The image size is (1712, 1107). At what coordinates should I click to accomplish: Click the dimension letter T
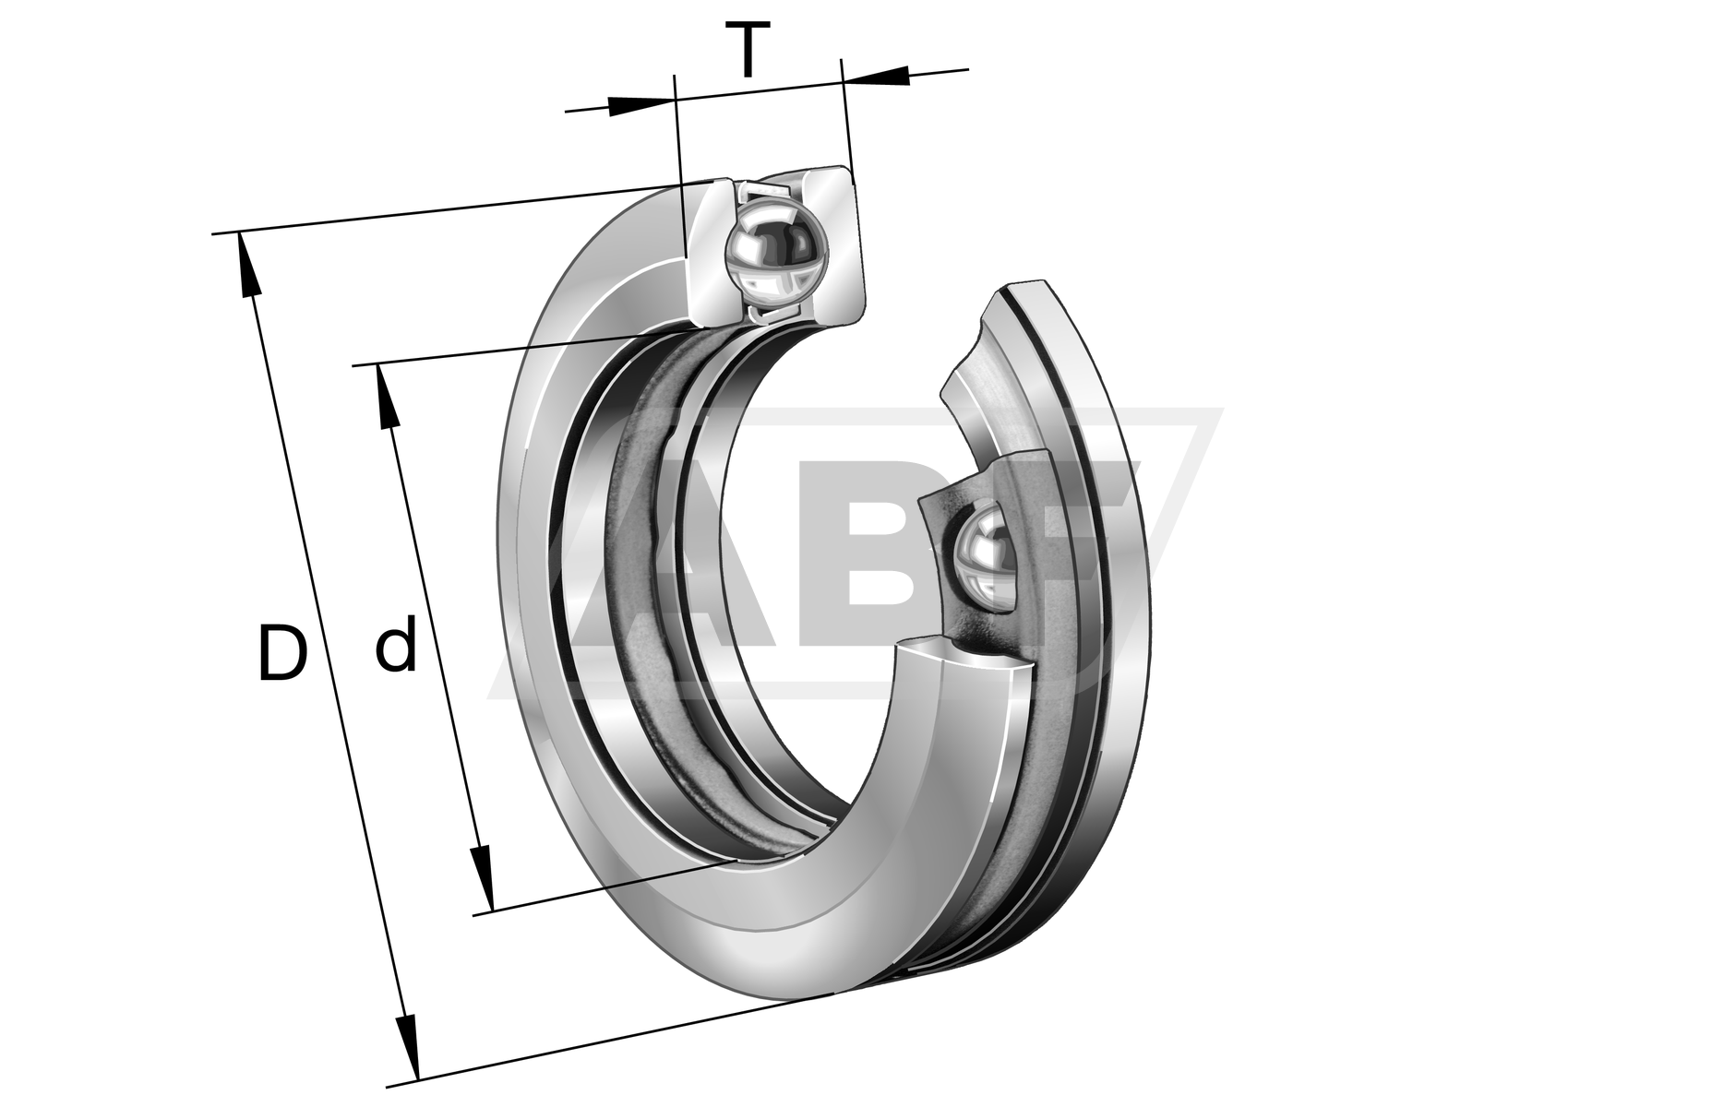tap(748, 52)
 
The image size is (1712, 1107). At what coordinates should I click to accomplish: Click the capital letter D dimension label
tap(282, 653)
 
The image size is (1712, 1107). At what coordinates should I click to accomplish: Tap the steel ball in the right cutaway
tap(984, 557)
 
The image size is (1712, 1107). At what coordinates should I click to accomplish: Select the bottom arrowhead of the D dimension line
tap(407, 1047)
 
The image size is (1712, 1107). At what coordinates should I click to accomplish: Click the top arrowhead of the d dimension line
tap(387, 397)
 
